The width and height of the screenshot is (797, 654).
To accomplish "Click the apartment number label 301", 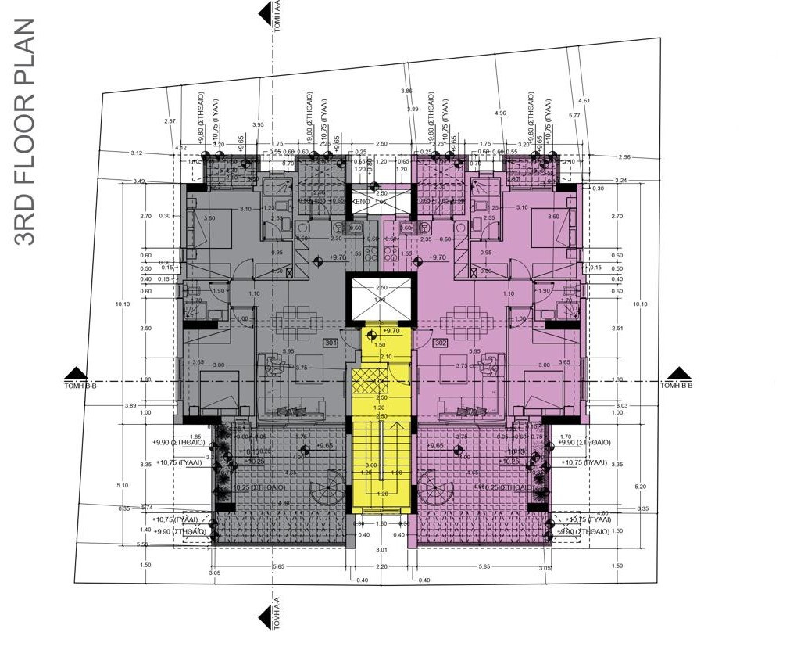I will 331,343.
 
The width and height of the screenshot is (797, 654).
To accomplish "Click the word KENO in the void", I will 360,202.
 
